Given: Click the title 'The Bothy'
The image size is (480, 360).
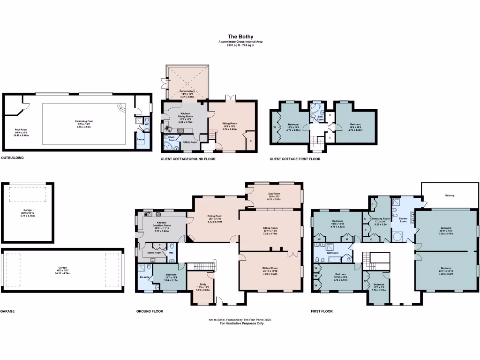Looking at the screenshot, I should pyautogui.click(x=240, y=36).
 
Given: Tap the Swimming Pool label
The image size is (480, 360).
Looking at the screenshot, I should pyautogui.click(x=84, y=121).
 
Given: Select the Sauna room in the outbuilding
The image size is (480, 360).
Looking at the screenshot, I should pyautogui.click(x=140, y=139).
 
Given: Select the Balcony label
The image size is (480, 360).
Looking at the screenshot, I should pyautogui.click(x=450, y=195).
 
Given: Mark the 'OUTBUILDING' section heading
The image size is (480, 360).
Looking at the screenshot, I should pyautogui.click(x=12, y=158).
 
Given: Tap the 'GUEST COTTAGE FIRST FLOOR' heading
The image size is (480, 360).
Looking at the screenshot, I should pyautogui.click(x=295, y=159).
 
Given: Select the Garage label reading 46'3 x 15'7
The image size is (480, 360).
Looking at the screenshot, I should pyautogui.click(x=63, y=268).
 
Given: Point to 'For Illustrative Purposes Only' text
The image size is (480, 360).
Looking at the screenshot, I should pyautogui.click(x=240, y=323).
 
